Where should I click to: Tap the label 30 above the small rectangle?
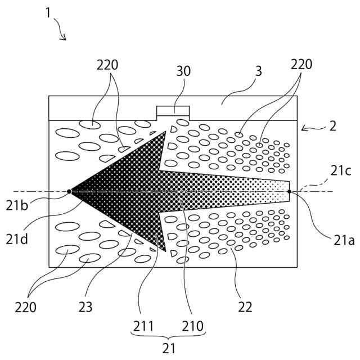coord(183,71)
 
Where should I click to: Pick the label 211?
coord(143,325)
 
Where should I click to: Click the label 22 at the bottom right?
coord(245,307)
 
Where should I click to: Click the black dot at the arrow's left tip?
coord(69,191)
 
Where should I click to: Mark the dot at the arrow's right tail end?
coord(290,191)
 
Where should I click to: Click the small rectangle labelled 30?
coord(173,111)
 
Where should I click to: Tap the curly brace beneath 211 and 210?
coord(169,337)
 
